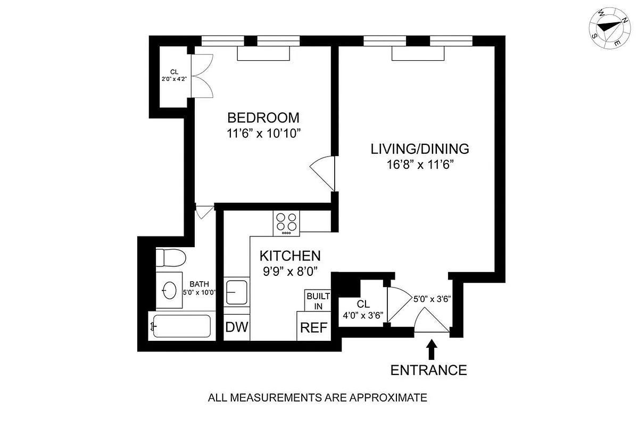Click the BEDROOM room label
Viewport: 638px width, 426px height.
pos(263,117)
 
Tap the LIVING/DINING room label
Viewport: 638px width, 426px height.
pos(419,149)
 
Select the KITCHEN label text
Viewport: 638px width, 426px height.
pos(289,256)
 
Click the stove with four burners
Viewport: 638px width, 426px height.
pos(287,224)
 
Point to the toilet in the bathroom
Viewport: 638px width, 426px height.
pos(170,258)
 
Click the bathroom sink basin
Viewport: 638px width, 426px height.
pos(169,290)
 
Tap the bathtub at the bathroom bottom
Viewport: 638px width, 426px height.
pos(181,325)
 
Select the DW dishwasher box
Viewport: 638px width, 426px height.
pos(237,327)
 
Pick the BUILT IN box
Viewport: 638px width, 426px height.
pos(318,300)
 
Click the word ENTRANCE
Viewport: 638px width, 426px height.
pos(429,370)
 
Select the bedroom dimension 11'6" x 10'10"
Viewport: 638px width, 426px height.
pos(263,133)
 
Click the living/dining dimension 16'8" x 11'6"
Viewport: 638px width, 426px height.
pos(419,165)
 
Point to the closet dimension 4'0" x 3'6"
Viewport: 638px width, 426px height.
pos(363,314)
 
